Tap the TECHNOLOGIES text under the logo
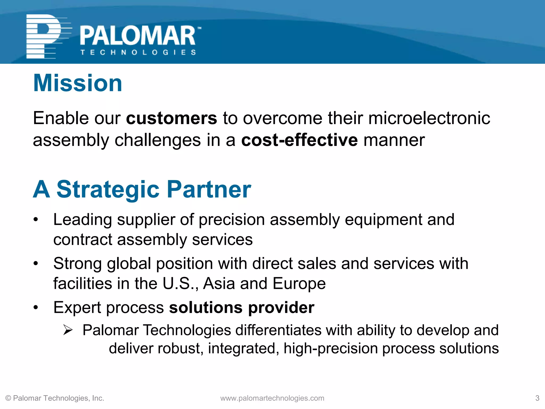138,52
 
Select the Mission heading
77,83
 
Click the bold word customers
171,118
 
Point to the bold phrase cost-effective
299,140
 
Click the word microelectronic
429,118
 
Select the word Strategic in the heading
108,189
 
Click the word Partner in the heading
209,189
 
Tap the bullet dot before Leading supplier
36,220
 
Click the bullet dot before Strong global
36,264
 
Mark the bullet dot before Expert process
36,308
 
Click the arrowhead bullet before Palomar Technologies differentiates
68,330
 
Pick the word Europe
299,283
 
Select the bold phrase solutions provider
242,308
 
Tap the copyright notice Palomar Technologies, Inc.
55,398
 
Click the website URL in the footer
272,398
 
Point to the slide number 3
537,398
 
